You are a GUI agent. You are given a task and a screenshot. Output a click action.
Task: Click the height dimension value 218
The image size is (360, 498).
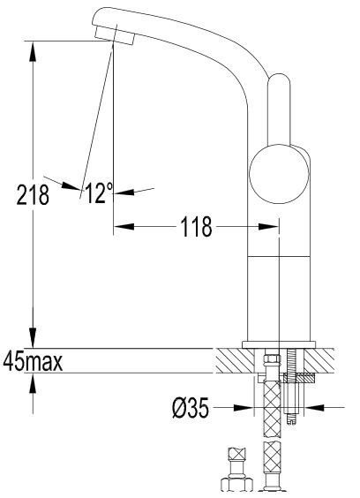tap(34, 194)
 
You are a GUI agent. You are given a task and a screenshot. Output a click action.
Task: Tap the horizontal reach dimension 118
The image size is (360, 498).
tap(195, 227)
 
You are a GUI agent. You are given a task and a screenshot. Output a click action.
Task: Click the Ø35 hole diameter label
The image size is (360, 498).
tap(190, 408)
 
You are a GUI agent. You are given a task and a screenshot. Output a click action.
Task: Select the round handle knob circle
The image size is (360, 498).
tap(279, 174)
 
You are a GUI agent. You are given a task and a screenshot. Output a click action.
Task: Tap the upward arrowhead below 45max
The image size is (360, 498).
tap(34, 381)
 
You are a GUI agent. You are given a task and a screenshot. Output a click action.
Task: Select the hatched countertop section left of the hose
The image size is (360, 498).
tap(236, 360)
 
